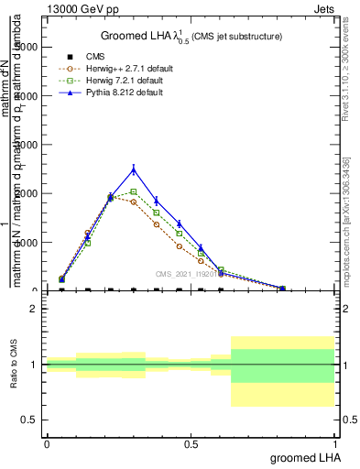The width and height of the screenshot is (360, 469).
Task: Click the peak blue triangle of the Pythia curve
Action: [x=134, y=169]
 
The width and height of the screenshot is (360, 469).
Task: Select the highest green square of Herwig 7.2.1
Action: [x=134, y=191]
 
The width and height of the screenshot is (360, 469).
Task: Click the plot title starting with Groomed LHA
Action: [x=191, y=36]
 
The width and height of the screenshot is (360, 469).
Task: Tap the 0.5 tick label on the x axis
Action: [x=191, y=442]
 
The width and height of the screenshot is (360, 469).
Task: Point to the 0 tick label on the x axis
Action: [x=47, y=442]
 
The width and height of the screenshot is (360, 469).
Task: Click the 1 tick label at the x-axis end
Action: [x=334, y=442]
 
